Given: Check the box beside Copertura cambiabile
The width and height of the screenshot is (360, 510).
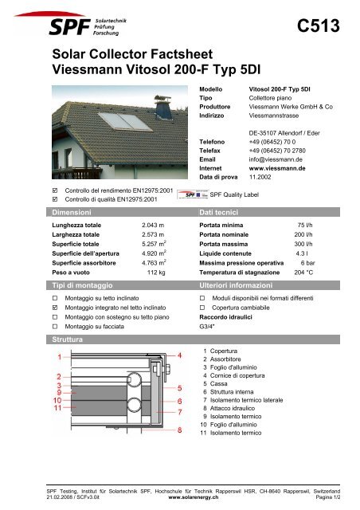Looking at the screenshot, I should [x=202, y=304].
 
